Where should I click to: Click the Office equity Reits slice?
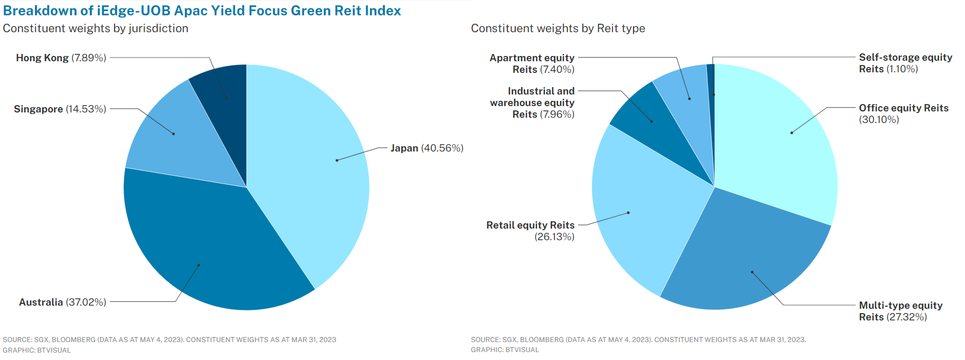click(x=776, y=137)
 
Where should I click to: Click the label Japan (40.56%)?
click(x=427, y=148)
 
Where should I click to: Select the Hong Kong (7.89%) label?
click(x=61, y=58)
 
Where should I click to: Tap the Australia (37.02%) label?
click(x=62, y=302)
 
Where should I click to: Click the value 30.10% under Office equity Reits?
click(x=879, y=120)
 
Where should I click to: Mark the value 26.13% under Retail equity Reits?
click(x=554, y=237)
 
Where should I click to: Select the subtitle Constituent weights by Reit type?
click(x=557, y=29)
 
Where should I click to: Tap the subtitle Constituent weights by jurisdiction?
click(x=96, y=29)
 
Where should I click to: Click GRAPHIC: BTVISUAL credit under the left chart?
click(x=36, y=350)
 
